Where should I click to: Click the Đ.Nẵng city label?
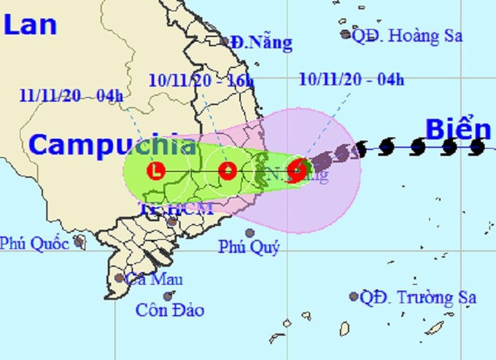(261, 43)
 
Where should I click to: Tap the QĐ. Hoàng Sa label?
(407, 35)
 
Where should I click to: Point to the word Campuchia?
(112, 145)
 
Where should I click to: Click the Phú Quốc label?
(34, 243)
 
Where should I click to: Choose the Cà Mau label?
(154, 279)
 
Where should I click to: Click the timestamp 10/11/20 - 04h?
(352, 79)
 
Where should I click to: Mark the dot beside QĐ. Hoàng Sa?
(346, 34)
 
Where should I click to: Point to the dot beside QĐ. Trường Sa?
(354, 297)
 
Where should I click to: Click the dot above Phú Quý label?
(250, 233)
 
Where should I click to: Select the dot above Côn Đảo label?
(168, 296)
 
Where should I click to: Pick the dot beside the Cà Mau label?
(119, 278)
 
